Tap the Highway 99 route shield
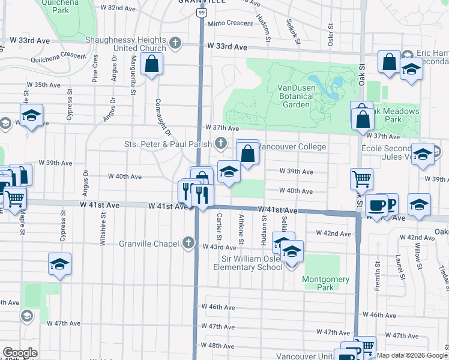(x=201, y=12)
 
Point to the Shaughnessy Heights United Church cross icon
(x=175, y=43)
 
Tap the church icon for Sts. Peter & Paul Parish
(x=221, y=143)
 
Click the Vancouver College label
(x=293, y=147)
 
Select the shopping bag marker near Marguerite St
(x=152, y=64)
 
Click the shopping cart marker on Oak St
(x=361, y=178)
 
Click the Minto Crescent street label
(x=231, y=23)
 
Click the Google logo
(x=20, y=353)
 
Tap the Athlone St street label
(x=241, y=229)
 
